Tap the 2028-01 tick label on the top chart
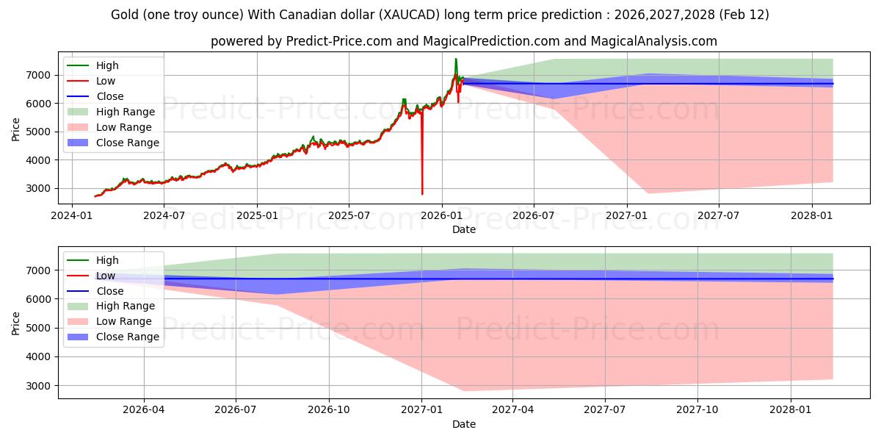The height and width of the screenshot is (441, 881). pyautogui.click(x=811, y=216)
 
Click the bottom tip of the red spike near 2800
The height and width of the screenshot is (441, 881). pyautogui.click(x=422, y=194)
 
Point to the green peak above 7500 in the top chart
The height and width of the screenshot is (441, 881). pyautogui.click(x=456, y=59)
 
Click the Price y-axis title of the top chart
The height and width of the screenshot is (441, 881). pyautogui.click(x=16, y=129)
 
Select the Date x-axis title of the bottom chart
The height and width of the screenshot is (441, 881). pyautogui.click(x=463, y=424)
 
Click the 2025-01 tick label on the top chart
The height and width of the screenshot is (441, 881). pyautogui.click(x=257, y=216)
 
